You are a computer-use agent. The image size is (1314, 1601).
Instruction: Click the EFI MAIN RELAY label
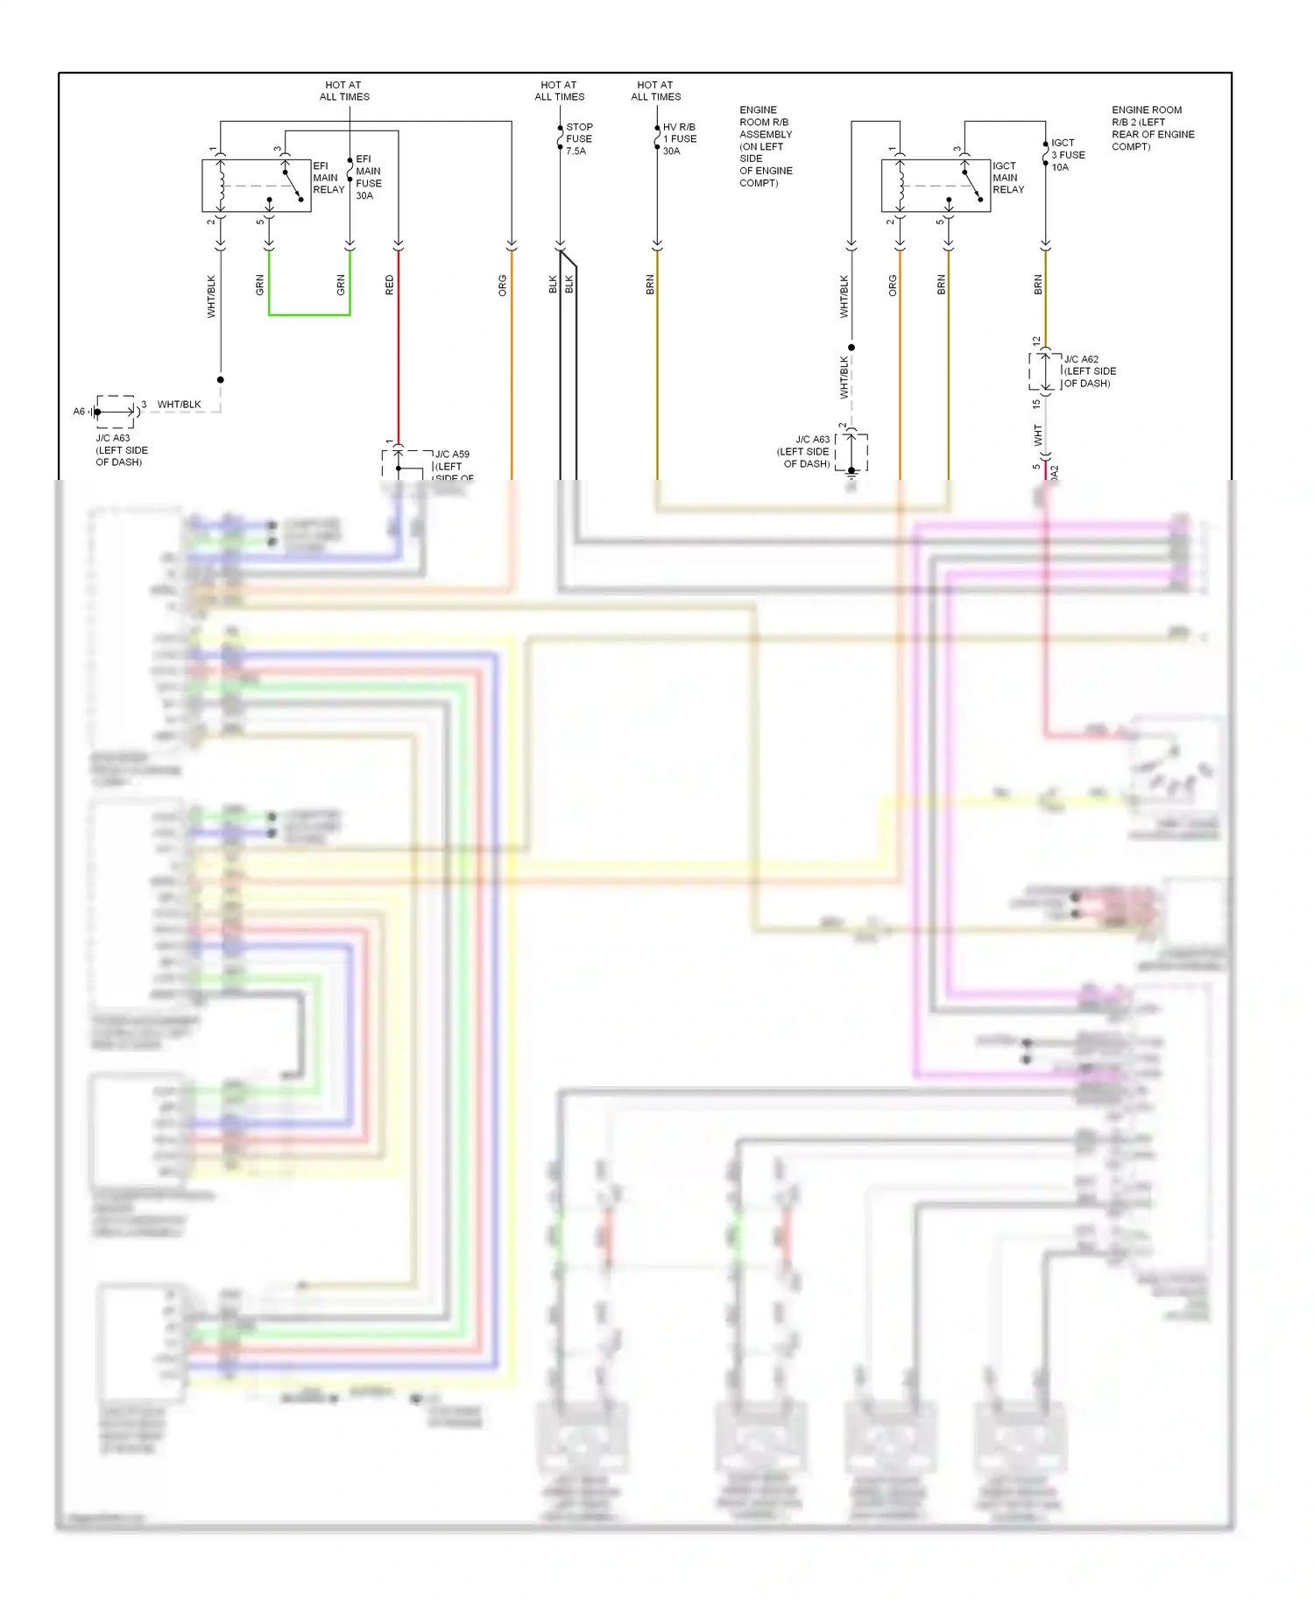pos(328,178)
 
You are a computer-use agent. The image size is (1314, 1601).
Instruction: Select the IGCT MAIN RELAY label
pos(1007,178)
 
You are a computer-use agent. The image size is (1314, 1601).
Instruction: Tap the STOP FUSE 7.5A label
pos(578,139)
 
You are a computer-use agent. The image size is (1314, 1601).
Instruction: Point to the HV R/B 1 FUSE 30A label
pos(679,139)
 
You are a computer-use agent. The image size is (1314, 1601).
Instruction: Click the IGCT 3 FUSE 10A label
pos(1067,155)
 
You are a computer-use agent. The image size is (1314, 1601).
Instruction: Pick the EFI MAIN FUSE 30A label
pos(368,178)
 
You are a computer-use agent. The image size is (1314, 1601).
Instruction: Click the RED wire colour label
pos(390,285)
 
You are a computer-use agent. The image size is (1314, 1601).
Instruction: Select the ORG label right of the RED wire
pos(503,286)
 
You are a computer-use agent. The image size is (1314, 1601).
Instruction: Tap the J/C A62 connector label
pos(1089,371)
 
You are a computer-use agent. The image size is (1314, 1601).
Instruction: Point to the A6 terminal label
pos(79,412)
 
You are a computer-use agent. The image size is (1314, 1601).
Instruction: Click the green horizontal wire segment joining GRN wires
pos(309,314)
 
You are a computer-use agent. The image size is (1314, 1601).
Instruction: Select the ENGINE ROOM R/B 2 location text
pos(1152,128)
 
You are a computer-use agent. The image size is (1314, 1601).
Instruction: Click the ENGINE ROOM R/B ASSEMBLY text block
pos(765,146)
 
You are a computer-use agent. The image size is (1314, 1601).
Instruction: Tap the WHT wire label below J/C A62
pos(1038,434)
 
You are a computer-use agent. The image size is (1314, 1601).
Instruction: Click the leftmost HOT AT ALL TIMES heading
pos(343,91)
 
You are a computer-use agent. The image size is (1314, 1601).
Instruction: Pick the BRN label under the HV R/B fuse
pos(650,285)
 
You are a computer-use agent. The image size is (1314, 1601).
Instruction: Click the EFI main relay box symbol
pos(256,186)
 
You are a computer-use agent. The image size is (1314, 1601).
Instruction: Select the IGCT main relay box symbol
pos(935,186)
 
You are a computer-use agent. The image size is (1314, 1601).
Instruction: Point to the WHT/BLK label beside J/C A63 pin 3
pos(179,405)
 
